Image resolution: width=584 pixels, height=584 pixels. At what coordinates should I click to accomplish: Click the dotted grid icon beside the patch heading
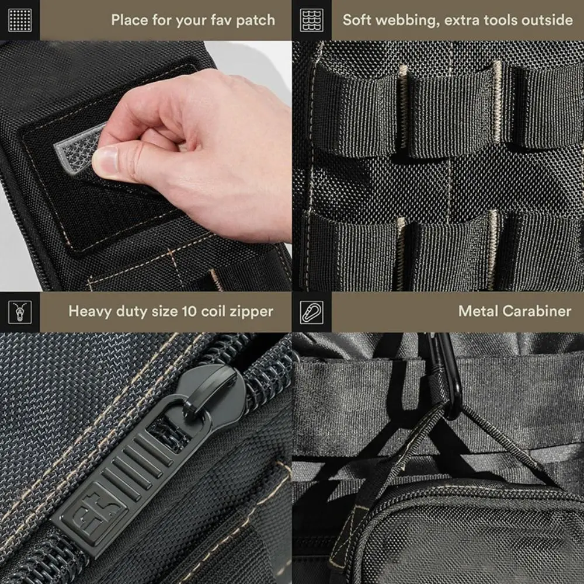[x=20, y=20]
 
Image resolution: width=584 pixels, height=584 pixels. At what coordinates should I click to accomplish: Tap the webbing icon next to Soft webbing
[x=312, y=20]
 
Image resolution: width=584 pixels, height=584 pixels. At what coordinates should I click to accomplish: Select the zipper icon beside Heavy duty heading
[x=20, y=312]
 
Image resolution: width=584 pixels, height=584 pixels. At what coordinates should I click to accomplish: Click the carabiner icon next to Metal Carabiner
[x=312, y=312]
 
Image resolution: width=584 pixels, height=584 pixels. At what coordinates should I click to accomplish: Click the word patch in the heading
[x=256, y=20]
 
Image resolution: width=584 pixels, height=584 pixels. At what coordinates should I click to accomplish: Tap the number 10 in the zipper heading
[x=189, y=311]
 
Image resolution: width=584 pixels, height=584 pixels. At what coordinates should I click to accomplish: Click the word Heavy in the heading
[x=90, y=312]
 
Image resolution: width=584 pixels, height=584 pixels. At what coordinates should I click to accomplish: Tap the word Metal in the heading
[x=478, y=311]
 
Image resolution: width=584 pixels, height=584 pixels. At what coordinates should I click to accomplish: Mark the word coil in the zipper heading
[x=213, y=311]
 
